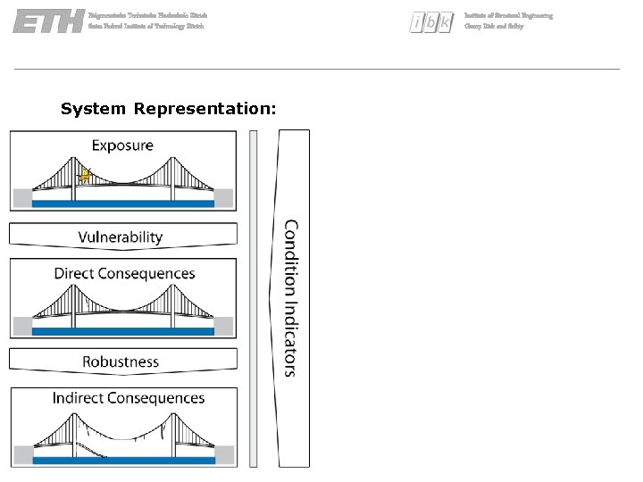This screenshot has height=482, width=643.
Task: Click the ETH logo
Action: (47, 21)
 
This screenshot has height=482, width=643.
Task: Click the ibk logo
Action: (431, 22)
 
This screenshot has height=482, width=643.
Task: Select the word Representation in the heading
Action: (205, 109)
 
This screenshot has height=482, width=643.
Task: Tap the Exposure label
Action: (122, 145)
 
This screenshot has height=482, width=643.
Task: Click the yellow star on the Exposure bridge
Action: (86, 176)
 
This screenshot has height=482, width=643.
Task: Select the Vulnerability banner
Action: (121, 237)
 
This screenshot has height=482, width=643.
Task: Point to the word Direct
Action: (75, 273)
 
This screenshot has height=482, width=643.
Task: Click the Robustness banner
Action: (121, 361)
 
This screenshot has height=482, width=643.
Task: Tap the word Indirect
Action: (78, 398)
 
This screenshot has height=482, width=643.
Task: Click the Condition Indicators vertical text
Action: (291, 298)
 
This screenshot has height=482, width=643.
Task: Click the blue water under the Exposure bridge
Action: (123, 204)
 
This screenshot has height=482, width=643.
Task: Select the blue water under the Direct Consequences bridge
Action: (123, 331)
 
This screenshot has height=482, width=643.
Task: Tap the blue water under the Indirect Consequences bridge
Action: (123, 461)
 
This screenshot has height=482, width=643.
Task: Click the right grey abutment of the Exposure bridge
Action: (223, 197)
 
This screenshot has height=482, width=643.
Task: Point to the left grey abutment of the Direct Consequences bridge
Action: (22, 325)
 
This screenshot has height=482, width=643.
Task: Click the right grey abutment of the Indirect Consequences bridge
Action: (225, 454)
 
